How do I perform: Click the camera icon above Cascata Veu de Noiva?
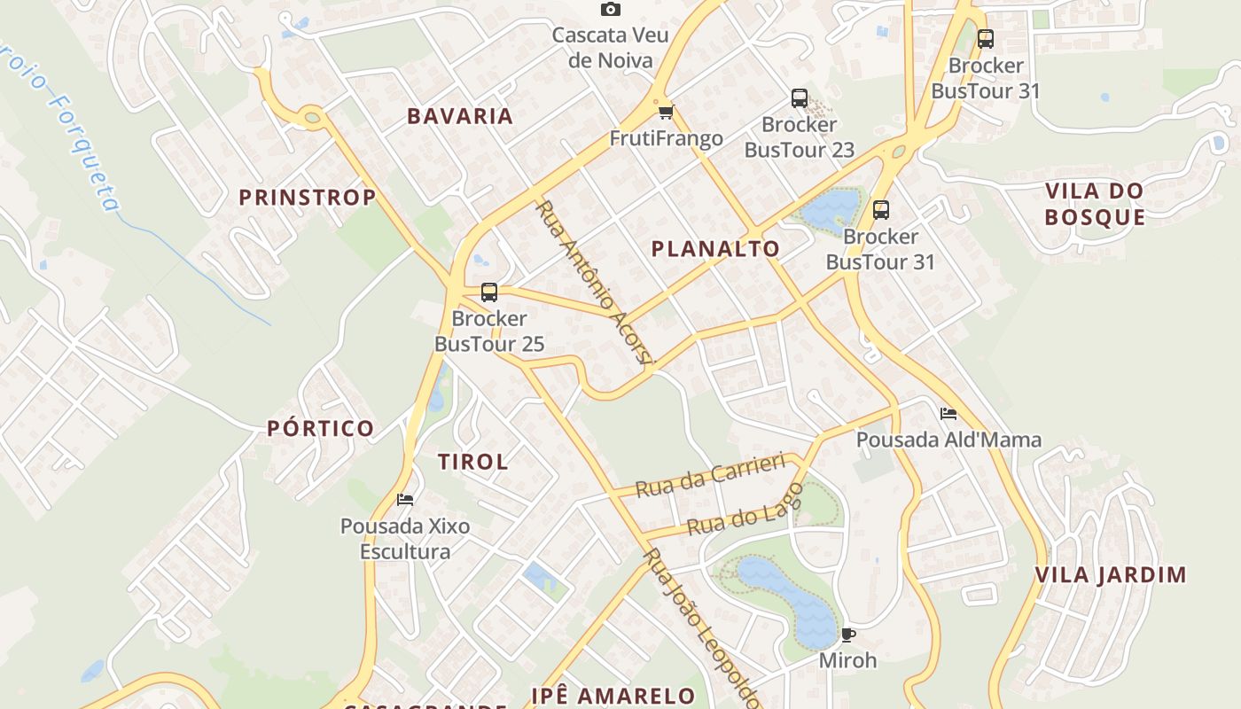coord(610,10)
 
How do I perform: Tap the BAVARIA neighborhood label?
coord(460,116)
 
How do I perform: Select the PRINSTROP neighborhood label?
coord(308,197)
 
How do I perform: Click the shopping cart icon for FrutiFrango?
coord(666,112)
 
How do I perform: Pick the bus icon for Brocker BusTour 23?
coord(800,98)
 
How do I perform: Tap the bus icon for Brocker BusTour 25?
coord(488,292)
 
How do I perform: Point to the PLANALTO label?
coord(715,249)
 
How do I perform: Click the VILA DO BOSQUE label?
coord(1095,204)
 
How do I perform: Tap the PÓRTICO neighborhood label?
coord(321,429)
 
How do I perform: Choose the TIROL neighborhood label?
coord(473,462)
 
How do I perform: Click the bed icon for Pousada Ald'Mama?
coord(948,413)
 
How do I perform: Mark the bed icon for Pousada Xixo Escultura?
coord(405,500)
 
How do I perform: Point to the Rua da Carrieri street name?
coord(711,475)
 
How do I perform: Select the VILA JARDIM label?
coord(1111,575)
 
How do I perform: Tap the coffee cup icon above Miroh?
coord(847,635)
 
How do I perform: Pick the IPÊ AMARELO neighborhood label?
coord(613,696)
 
